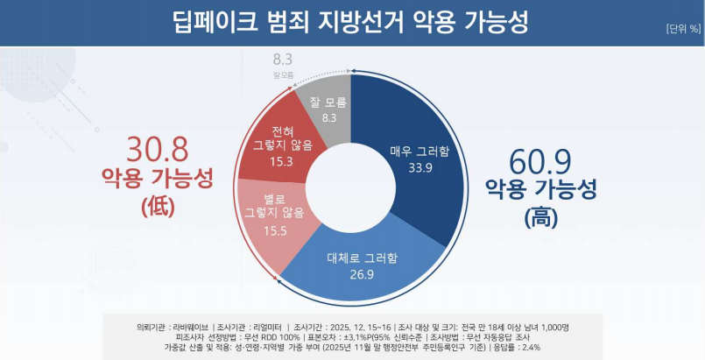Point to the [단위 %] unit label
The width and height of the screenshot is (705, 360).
click(x=683, y=27)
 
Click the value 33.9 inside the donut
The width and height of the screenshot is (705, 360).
click(x=419, y=167)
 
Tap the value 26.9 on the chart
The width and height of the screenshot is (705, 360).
click(x=360, y=273)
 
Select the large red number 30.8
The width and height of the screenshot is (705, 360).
click(x=159, y=150)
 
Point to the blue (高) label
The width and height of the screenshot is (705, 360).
click(x=540, y=215)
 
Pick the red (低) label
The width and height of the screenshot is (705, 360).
click(x=158, y=207)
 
